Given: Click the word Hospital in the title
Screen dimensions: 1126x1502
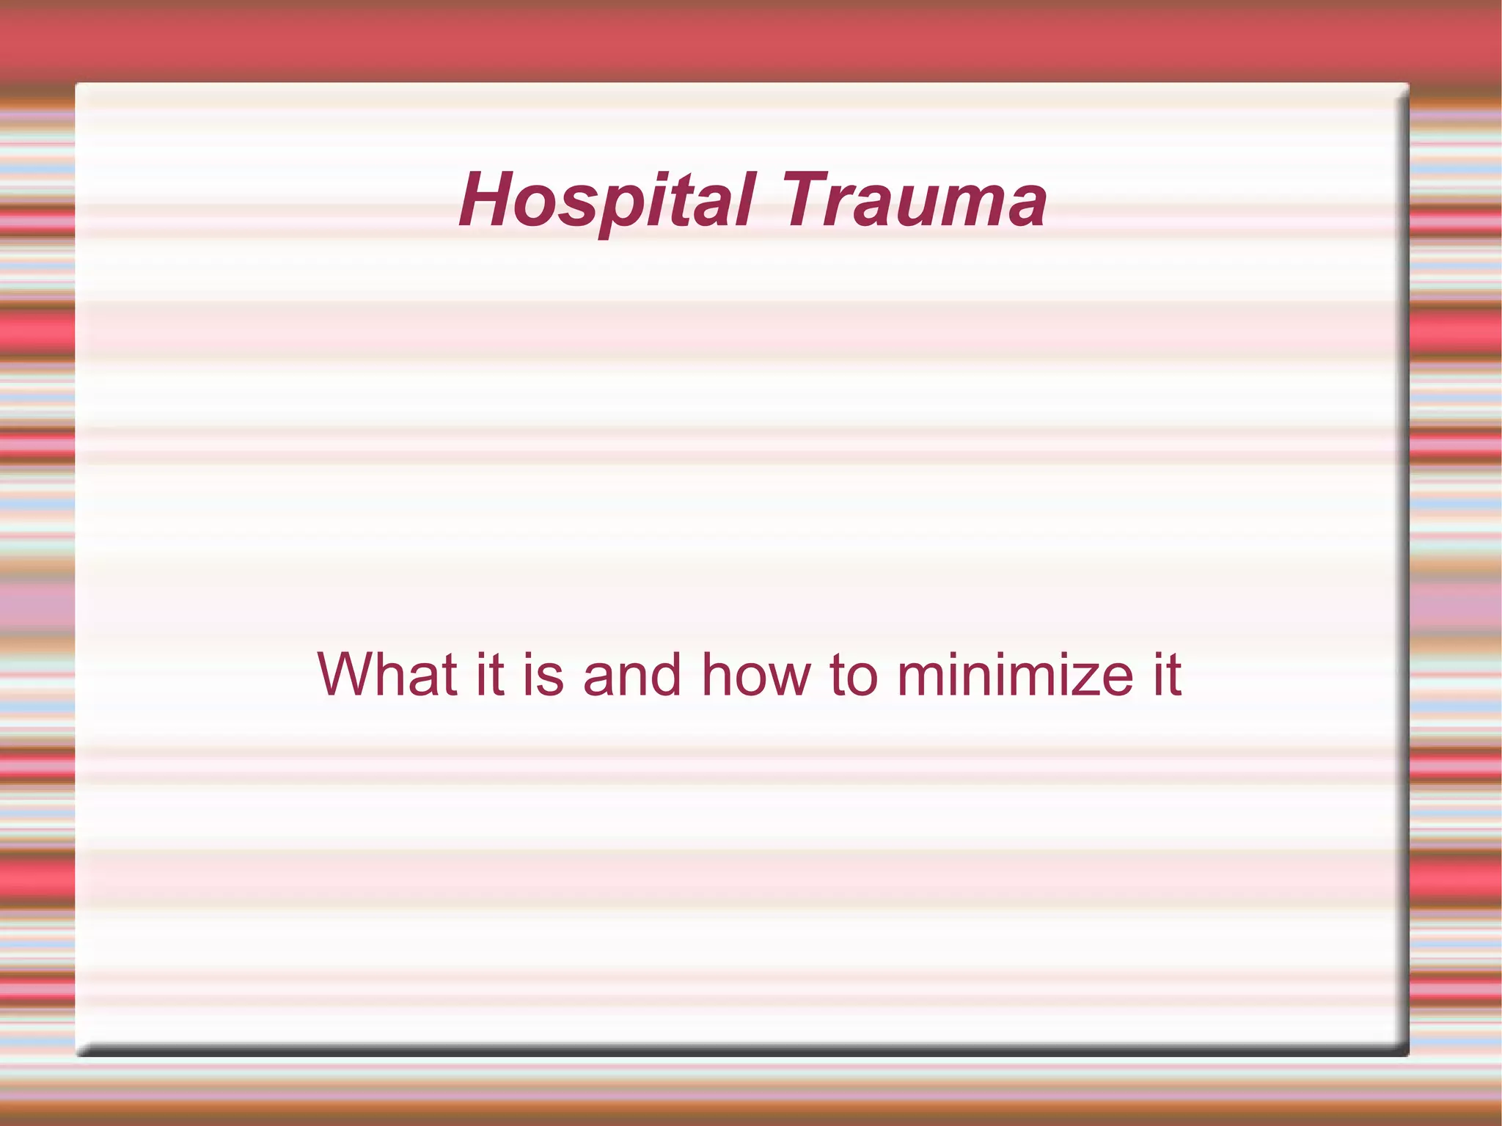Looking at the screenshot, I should point(606,200).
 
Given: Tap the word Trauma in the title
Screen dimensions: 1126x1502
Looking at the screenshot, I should point(915,200).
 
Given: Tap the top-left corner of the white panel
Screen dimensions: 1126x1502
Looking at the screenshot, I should point(77,84).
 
